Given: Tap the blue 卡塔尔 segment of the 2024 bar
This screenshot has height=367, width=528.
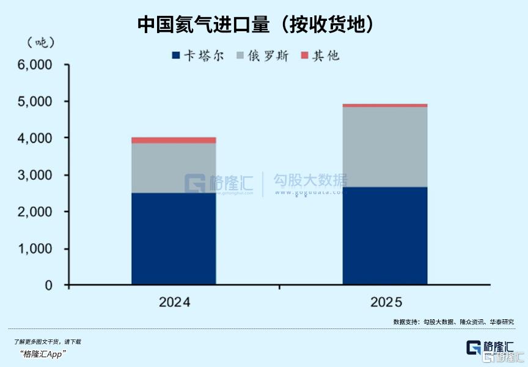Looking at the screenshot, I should point(174,239).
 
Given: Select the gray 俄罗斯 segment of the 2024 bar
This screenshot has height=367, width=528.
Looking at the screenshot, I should point(174,168).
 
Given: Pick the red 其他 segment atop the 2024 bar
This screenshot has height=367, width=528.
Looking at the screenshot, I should point(174,140).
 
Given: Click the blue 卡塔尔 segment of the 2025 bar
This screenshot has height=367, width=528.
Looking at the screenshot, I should point(384,235).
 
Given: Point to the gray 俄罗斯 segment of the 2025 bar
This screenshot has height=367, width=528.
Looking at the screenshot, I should point(384,147).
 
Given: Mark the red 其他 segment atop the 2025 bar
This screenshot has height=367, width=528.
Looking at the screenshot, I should point(384,105).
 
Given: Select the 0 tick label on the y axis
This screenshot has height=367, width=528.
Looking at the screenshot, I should point(48,286).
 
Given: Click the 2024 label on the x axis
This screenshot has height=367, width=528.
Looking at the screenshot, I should point(174,302).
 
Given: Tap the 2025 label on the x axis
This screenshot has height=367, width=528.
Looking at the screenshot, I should point(386,302).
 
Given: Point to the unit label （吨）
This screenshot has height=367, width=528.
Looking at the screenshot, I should point(41,42).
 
